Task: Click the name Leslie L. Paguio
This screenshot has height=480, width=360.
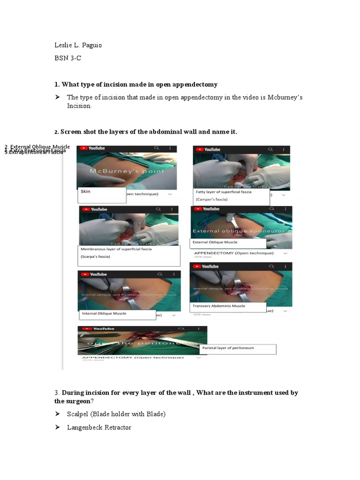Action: (78, 45)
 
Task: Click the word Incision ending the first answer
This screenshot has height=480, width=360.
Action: (79, 106)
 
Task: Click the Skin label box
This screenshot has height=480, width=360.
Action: (102, 195)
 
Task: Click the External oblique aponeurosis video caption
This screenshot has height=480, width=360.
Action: (241, 231)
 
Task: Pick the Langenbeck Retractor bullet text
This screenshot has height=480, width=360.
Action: (99, 427)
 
